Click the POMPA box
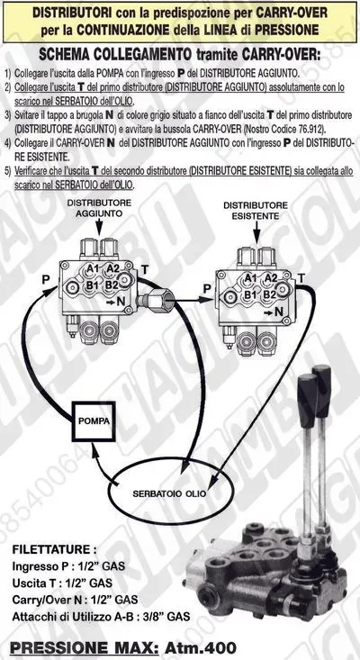point(94,421)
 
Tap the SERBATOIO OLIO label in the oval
point(169,493)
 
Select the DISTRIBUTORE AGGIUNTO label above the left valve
point(99,208)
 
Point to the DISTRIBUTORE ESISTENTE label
point(256,211)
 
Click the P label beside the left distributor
point(46,280)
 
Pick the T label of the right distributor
point(301,278)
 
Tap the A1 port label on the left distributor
point(93,268)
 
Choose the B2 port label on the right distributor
point(270,294)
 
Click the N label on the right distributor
point(278,312)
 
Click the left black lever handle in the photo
point(307,394)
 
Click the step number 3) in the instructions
point(8,114)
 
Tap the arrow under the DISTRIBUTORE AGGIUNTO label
point(99,227)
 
